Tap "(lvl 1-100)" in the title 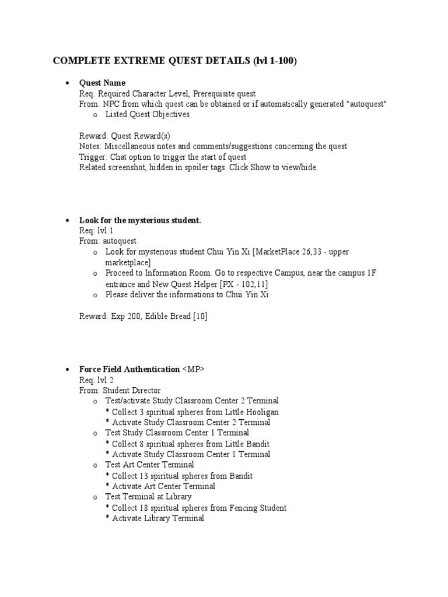click(x=275, y=61)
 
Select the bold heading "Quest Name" click(x=102, y=83)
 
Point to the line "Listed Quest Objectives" click(x=147, y=114)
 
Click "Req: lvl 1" click(x=96, y=230)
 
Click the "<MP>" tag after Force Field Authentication click(x=194, y=369)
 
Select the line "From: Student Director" click(x=120, y=390)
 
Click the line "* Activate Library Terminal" click(x=155, y=518)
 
